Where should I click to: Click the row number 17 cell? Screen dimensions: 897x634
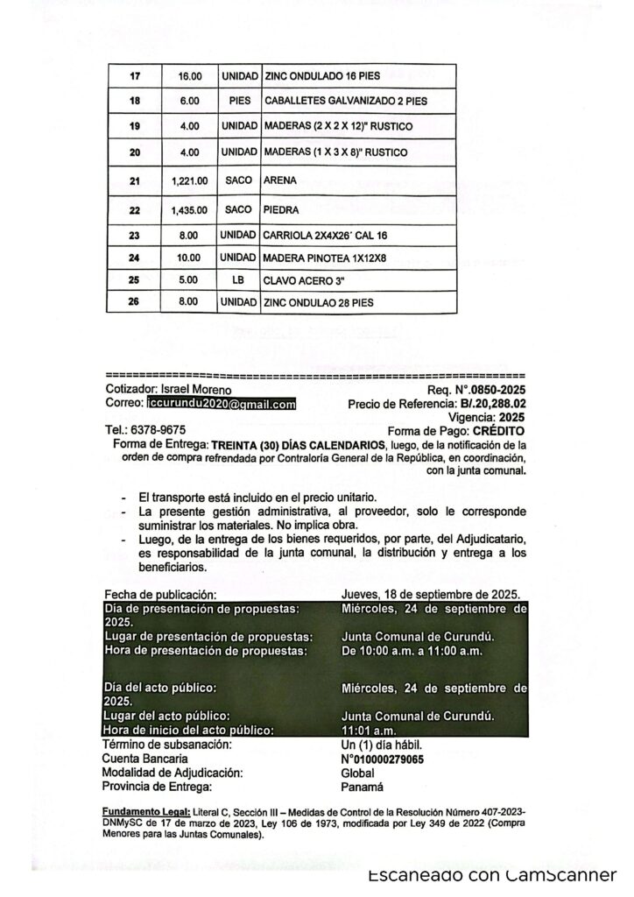135,75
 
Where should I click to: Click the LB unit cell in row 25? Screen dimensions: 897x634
238,280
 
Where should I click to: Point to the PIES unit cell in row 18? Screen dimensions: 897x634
239,101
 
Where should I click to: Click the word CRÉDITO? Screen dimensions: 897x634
498,431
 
